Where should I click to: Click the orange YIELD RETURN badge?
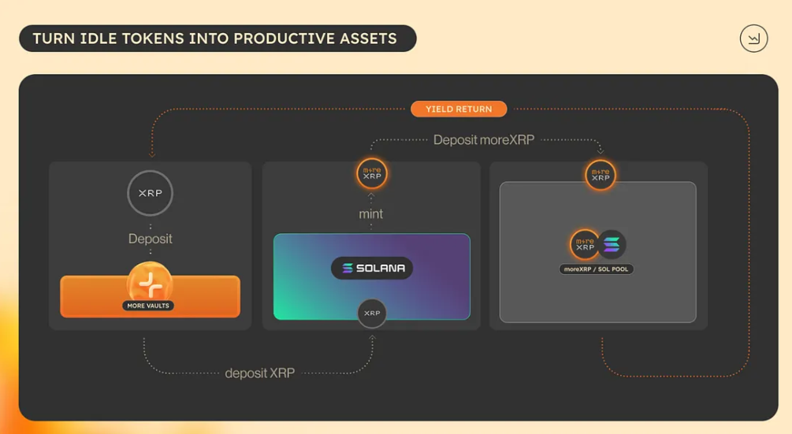click(x=459, y=109)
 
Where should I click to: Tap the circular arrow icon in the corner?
click(x=753, y=39)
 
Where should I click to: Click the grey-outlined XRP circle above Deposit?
click(x=150, y=193)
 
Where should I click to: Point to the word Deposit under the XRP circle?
click(x=150, y=239)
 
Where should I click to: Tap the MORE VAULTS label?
click(x=148, y=306)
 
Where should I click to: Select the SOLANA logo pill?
click(x=372, y=268)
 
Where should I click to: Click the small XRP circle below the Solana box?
click(x=372, y=313)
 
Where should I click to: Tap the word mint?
click(x=370, y=214)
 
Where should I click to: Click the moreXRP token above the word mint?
click(x=372, y=173)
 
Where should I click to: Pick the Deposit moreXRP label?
click(x=483, y=139)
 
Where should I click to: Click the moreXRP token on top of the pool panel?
click(x=601, y=175)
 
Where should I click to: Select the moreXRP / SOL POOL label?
click(x=596, y=269)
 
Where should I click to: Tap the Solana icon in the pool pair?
click(x=612, y=245)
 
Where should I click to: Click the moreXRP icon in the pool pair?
click(x=585, y=245)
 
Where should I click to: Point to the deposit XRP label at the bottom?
click(x=259, y=373)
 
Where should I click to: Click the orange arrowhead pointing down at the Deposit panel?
click(x=152, y=155)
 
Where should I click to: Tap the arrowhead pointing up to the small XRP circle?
click(x=372, y=338)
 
